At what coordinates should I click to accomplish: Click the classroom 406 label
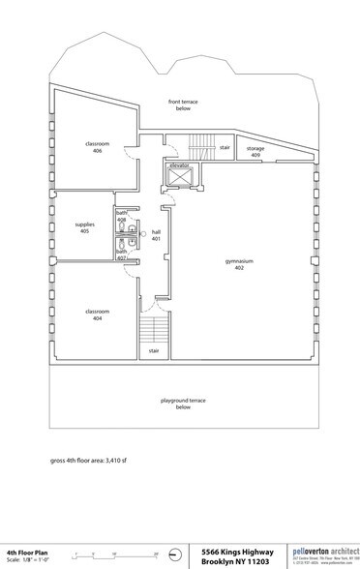point(93,147)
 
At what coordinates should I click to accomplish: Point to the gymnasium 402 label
point(239,264)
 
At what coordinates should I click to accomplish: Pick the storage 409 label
point(255,151)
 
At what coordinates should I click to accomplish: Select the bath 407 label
point(122,255)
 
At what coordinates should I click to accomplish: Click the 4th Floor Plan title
point(24,550)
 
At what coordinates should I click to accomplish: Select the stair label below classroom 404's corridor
point(153,349)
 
